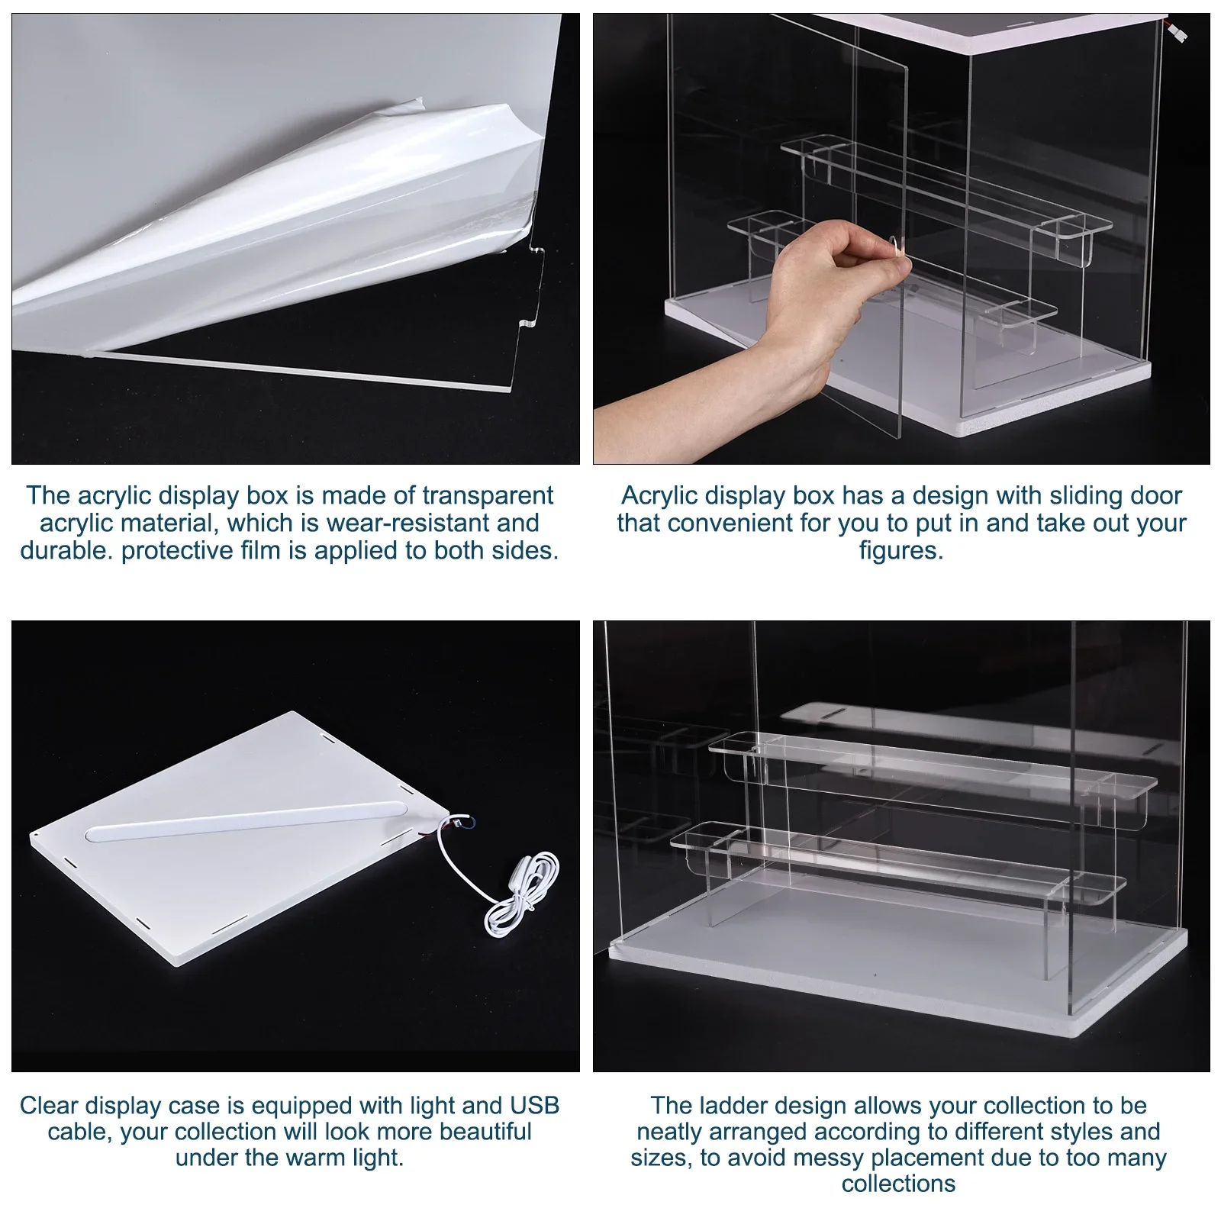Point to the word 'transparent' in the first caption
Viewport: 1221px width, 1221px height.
click(488, 495)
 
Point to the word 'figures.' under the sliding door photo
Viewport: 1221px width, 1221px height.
click(901, 550)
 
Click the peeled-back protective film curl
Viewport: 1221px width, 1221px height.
click(427, 153)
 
